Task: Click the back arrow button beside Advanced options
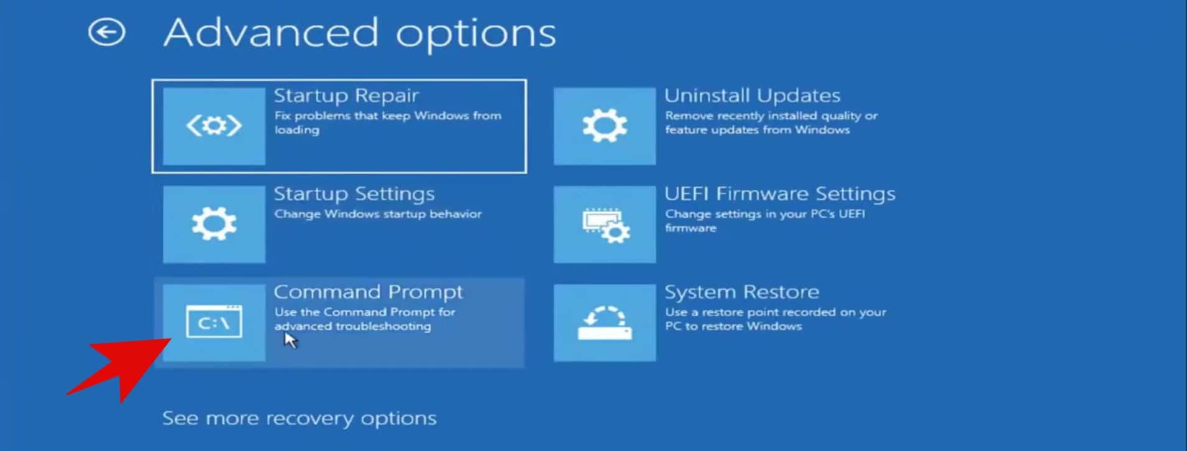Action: pos(106,32)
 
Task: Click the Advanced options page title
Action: pos(359,33)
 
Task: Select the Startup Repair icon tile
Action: pos(214,126)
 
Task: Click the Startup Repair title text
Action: pos(346,96)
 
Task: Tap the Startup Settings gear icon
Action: pos(214,224)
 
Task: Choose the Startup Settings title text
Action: pos(354,194)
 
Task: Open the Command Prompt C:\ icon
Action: pos(214,322)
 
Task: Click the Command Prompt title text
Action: pos(368,292)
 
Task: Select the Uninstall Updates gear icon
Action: pos(604,126)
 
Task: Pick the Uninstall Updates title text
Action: pos(752,96)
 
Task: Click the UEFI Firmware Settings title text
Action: pos(779,194)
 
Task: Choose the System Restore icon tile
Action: pos(604,322)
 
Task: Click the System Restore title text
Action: pos(741,292)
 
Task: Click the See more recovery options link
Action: pos(299,418)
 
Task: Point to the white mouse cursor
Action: pos(290,340)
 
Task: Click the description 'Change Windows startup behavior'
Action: pos(378,214)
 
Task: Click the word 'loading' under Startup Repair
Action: pos(297,130)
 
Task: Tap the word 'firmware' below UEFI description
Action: pos(690,228)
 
